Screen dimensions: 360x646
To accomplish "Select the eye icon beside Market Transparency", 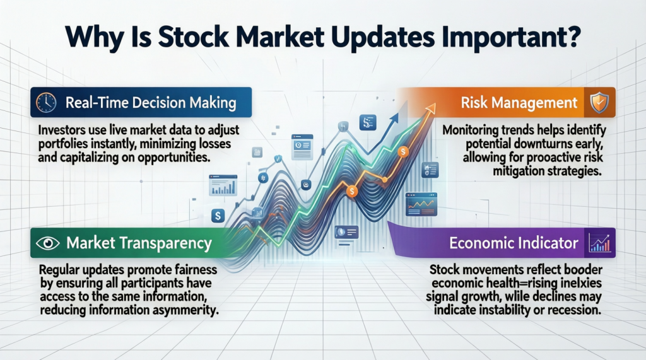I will (45, 241).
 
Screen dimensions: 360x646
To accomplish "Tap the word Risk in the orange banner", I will (476, 103).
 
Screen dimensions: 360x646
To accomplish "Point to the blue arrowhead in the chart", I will (397, 117).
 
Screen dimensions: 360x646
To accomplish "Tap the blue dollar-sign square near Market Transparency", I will (218, 216).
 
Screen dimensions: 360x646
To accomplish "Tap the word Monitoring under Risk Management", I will (472, 130).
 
